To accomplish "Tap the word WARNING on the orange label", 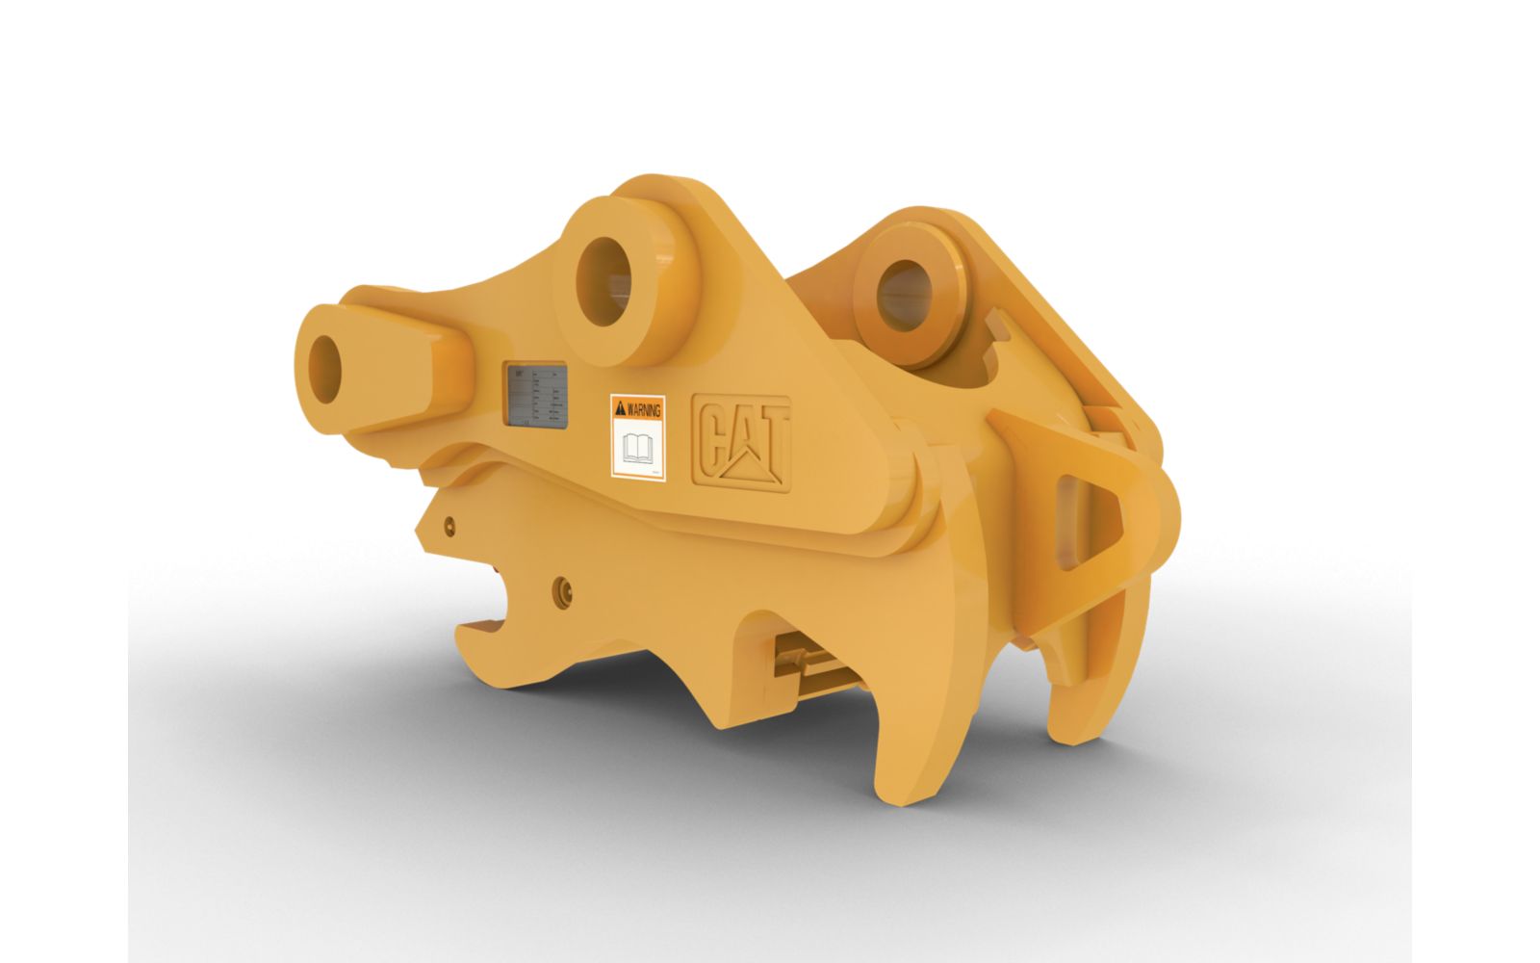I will click(x=643, y=409).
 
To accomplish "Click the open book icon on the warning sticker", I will click(x=638, y=448).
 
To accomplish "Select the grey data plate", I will click(x=536, y=394).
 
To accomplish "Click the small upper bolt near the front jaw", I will click(x=449, y=525).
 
